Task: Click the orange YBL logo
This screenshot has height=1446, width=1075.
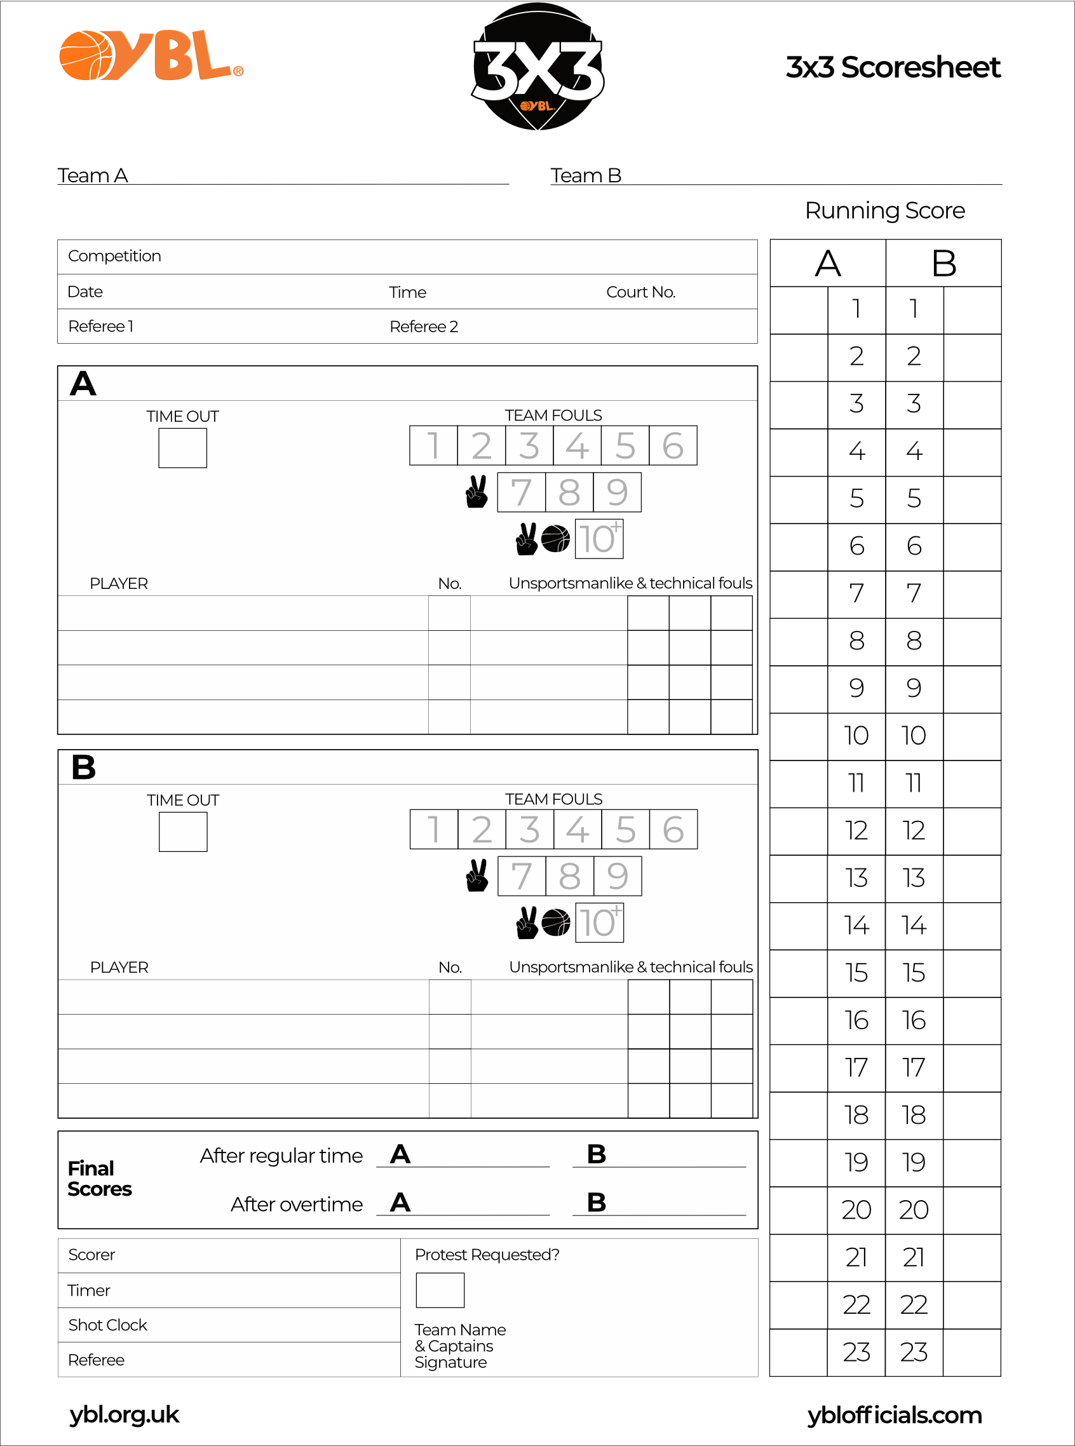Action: coord(151,56)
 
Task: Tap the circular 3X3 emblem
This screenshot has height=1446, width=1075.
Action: coord(537,66)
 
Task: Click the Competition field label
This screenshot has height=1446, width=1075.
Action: coord(114,256)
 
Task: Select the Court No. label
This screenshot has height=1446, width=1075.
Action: coord(641,292)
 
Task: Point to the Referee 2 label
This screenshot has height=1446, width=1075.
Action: coord(424,327)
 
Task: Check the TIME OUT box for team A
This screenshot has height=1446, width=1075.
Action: coord(183,448)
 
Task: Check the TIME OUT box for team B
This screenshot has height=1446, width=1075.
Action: coord(184,832)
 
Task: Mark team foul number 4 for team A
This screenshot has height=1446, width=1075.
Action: coord(577,446)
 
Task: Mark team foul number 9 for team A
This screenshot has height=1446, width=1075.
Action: coord(617,492)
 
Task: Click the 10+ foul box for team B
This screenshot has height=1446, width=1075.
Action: coord(599,922)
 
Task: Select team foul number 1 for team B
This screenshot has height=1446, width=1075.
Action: coord(433,830)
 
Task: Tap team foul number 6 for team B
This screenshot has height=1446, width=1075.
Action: coord(673,830)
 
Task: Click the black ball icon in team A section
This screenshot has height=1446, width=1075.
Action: coord(555,539)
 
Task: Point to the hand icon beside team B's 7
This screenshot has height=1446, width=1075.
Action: coord(477,876)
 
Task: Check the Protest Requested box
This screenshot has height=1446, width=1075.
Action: coord(440,1290)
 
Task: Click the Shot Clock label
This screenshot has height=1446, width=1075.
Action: coord(108,1325)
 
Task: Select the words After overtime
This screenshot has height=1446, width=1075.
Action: coord(297,1205)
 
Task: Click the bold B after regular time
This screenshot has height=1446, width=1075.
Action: coord(596,1154)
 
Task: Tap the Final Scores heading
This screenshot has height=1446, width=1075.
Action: coord(99,1179)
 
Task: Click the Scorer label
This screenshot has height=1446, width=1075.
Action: coord(91,1255)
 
